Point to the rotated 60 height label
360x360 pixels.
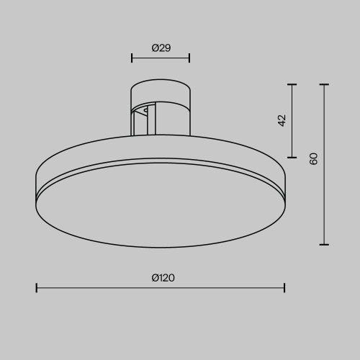point(313,159)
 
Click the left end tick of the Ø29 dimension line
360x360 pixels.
point(132,58)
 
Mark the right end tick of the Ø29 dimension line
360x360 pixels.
point(189,58)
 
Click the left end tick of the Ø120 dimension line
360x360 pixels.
point(37,288)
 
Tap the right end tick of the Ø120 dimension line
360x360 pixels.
point(285,288)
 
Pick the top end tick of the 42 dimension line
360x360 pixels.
point(292,85)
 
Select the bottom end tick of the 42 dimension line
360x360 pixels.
point(292,157)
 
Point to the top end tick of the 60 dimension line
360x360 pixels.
point(325,85)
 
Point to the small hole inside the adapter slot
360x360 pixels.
point(147,111)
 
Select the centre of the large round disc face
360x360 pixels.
point(160,209)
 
